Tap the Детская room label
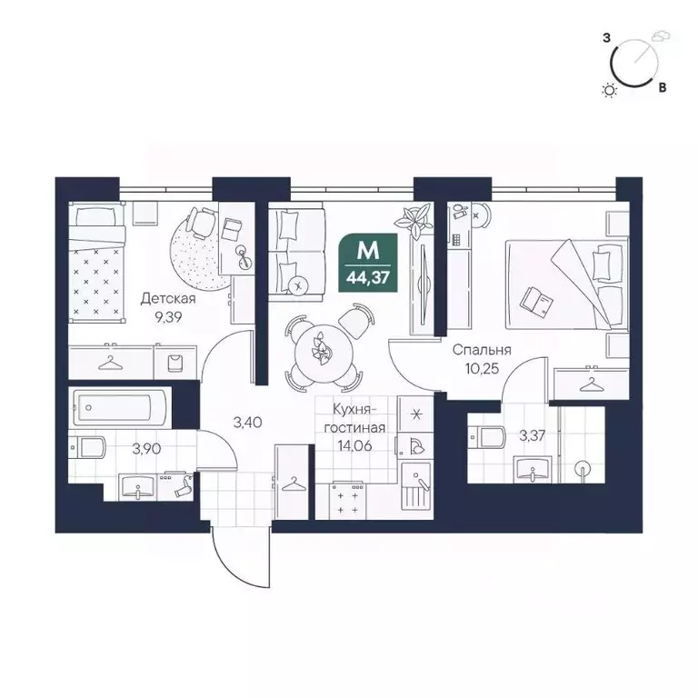tap(169, 297)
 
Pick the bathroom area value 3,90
tap(147, 448)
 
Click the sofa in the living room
tap(296, 249)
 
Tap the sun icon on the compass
tap(610, 89)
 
